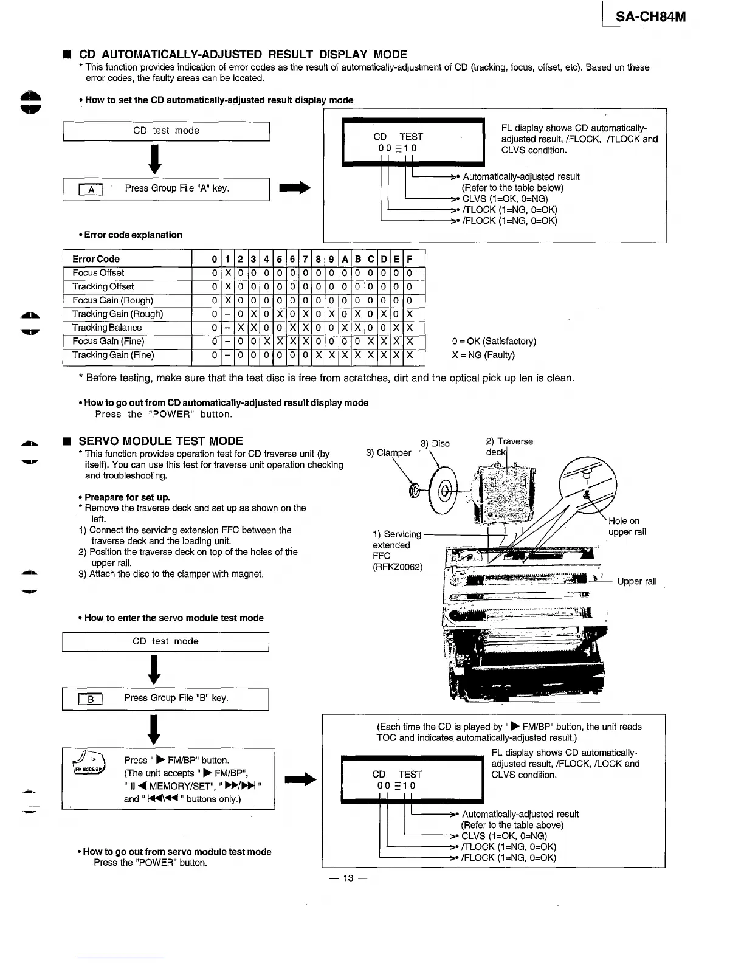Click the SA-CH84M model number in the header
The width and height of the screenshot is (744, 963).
pyautogui.click(x=650, y=16)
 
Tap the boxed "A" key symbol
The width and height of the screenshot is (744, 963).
pyautogui.click(x=91, y=190)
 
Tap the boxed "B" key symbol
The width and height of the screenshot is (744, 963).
pyautogui.click(x=90, y=699)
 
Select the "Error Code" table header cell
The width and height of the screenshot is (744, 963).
pyautogui.click(x=96, y=259)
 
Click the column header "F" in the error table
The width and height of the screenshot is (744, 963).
pyautogui.click(x=410, y=259)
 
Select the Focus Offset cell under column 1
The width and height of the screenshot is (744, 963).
pyautogui.click(x=227, y=273)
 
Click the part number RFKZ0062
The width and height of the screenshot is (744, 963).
pyautogui.click(x=397, y=567)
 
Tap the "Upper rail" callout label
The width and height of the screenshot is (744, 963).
pyautogui.click(x=636, y=581)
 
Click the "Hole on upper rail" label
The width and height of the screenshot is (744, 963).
pyautogui.click(x=627, y=526)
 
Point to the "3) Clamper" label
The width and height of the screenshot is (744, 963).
pyautogui.click(x=388, y=453)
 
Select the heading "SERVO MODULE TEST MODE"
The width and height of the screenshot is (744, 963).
pyautogui.click(x=160, y=441)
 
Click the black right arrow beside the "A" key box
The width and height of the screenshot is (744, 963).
pyautogui.click(x=295, y=188)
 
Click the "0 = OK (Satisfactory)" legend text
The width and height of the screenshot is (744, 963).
pyautogui.click(x=494, y=341)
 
